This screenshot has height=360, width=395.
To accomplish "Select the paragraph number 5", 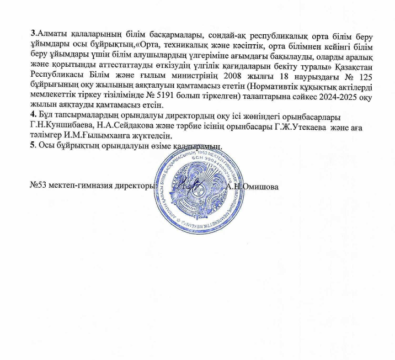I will [33, 146].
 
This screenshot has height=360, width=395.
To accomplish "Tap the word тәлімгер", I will [46, 135].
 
